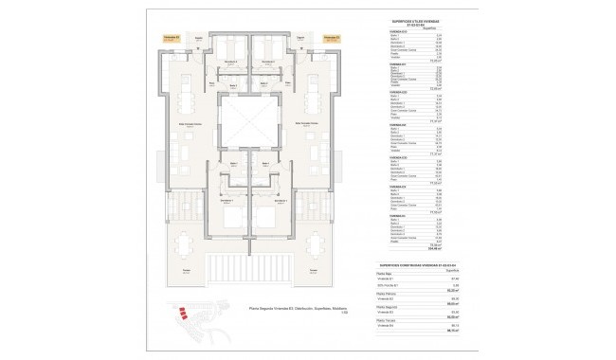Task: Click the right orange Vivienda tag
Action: (332, 40)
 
